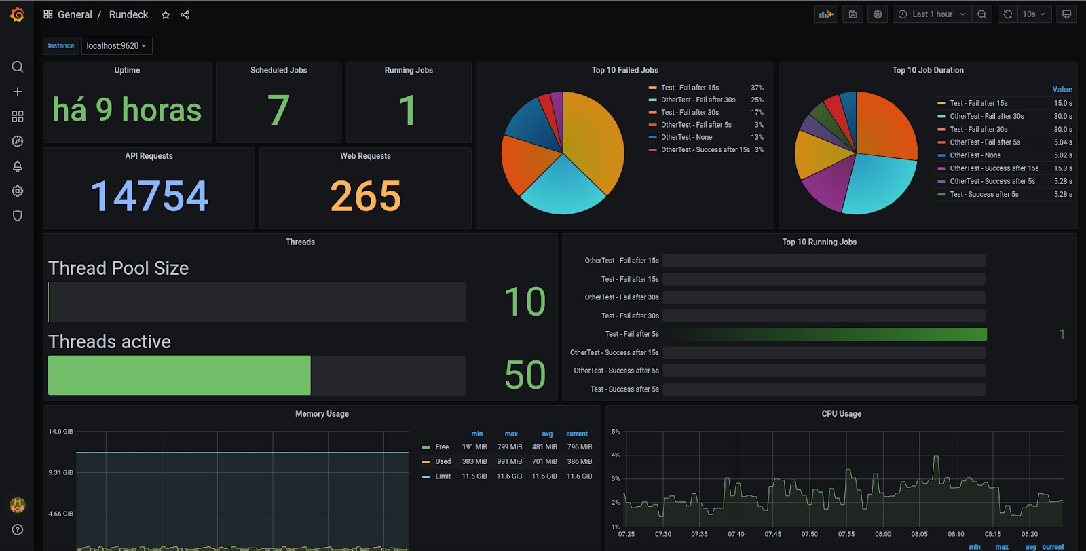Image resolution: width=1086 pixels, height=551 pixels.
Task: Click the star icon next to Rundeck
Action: (x=166, y=14)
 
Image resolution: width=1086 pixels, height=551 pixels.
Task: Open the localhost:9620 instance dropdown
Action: (x=117, y=45)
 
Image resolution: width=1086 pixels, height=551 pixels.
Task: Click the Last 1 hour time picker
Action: (x=933, y=14)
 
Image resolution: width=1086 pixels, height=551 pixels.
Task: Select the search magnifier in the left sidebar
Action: (x=18, y=66)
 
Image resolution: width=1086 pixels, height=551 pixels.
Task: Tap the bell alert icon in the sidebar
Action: (x=18, y=166)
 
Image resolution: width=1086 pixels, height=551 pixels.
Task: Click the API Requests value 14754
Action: (x=149, y=195)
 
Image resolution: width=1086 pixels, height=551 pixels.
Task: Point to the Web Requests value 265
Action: (x=366, y=195)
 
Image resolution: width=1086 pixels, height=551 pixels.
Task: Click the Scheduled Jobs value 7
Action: (x=278, y=110)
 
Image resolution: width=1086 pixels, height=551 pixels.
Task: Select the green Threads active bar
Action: (x=179, y=375)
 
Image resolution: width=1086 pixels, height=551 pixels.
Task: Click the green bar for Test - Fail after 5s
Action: (x=829, y=334)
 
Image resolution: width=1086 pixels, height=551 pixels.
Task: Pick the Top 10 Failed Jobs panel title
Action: (x=624, y=71)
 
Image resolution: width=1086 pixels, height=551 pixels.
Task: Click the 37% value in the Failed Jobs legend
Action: (x=757, y=88)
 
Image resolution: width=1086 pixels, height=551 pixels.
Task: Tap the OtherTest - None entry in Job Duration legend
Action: (x=975, y=155)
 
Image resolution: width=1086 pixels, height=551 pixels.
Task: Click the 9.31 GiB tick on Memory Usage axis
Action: (x=60, y=472)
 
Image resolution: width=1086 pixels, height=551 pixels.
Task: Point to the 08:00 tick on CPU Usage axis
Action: (x=883, y=534)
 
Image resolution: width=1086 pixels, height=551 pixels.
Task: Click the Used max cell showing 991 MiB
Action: (x=510, y=461)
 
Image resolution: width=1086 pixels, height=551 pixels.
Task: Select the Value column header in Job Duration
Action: (x=1062, y=89)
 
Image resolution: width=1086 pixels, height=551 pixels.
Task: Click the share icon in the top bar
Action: (x=185, y=14)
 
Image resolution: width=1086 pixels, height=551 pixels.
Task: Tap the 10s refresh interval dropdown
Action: (x=1033, y=14)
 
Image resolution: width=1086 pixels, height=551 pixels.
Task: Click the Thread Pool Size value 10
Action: (x=525, y=301)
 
